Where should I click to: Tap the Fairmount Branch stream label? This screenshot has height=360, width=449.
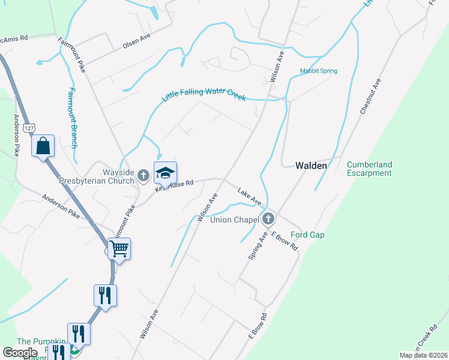point(72,118)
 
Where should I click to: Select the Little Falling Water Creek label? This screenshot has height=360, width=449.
point(204,94)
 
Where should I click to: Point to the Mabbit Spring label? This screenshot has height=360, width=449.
point(319,71)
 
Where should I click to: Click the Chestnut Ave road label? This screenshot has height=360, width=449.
point(370,96)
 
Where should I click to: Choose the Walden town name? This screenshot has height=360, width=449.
point(311,166)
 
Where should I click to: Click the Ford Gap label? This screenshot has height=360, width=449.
point(307,235)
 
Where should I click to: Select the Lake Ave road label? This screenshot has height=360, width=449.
point(249,196)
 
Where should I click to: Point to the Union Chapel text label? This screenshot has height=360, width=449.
point(234,220)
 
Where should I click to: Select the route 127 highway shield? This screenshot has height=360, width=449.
point(28,128)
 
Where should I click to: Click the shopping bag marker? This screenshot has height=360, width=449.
point(43,146)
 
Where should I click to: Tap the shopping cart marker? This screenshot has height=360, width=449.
point(119,248)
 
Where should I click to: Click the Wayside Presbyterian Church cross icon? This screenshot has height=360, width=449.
point(143,175)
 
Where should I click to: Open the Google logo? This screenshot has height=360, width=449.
point(20,353)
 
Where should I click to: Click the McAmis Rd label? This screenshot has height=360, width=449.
point(14,37)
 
